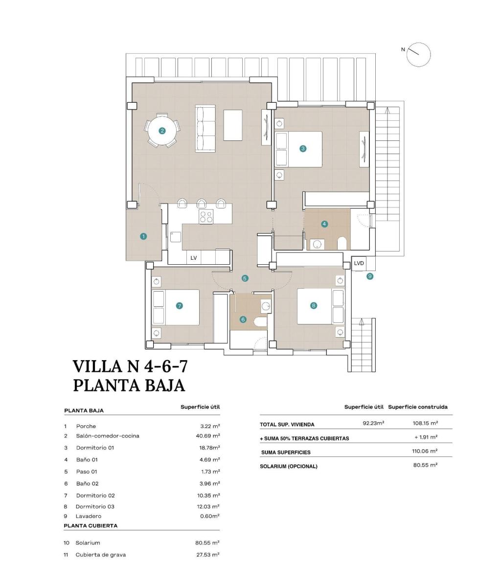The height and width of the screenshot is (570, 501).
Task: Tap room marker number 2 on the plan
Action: [x=162, y=131]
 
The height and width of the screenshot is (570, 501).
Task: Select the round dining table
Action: [x=162, y=131]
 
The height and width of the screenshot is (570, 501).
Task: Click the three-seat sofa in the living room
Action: [x=205, y=127]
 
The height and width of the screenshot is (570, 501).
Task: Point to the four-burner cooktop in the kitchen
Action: [x=206, y=216]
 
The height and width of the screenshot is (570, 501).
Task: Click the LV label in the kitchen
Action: [x=193, y=258]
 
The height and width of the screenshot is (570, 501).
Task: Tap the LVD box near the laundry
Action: [x=359, y=263]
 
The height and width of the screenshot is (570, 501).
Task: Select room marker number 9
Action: [x=370, y=276]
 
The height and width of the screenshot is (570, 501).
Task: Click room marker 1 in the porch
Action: [x=143, y=236]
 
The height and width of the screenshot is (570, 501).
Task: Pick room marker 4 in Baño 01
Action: [x=324, y=224]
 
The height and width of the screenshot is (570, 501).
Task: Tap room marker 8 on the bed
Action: [x=314, y=305]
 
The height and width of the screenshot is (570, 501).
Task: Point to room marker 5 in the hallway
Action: [x=245, y=278]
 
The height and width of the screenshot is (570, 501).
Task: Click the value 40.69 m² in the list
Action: [x=207, y=435]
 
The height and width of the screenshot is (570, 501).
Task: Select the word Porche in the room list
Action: [x=86, y=426]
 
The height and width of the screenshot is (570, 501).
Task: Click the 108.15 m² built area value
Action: [x=425, y=423]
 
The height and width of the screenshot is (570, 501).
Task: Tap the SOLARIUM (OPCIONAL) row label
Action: [x=288, y=466]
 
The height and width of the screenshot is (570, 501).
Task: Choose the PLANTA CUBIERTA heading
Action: [x=91, y=525]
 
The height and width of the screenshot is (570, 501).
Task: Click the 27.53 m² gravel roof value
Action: [x=207, y=554]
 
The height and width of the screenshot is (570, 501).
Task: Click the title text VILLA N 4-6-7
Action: [x=130, y=366]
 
